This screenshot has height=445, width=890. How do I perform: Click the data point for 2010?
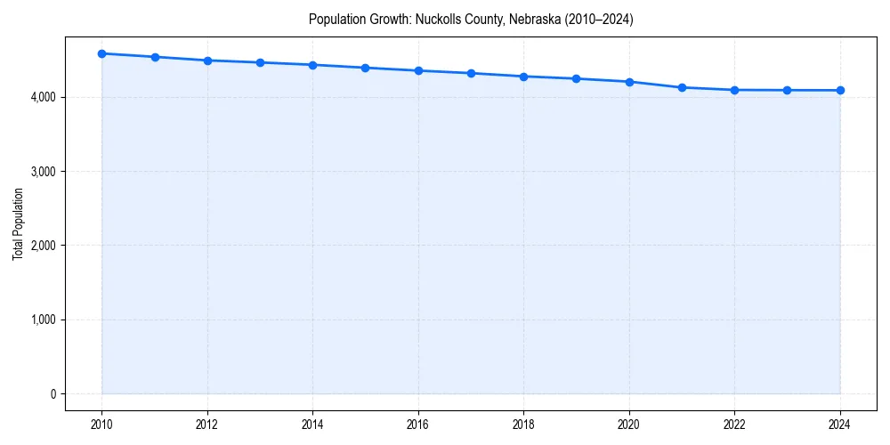(102, 53)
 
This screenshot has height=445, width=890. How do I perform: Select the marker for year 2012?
(207, 61)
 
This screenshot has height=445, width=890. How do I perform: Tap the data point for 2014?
(312, 65)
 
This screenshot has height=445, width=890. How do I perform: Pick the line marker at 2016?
(418, 70)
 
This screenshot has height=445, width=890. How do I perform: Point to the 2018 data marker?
(523, 77)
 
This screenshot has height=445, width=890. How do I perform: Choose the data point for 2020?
(629, 82)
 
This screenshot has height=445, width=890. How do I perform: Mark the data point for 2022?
(734, 90)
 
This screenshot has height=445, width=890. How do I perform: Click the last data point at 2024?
(840, 90)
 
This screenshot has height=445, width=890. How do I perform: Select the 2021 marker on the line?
(682, 87)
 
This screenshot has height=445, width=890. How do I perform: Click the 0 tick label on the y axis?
(52, 394)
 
